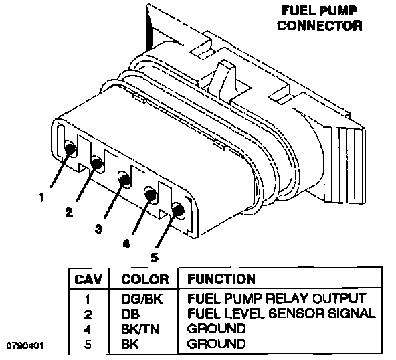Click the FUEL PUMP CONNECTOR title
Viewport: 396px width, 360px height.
pos(320,18)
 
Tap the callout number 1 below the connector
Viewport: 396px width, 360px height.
pos(41,197)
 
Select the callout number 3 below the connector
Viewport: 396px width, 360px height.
pos(98,229)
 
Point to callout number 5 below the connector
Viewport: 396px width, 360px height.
pos(155,258)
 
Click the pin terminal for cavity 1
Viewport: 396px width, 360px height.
pos(70,149)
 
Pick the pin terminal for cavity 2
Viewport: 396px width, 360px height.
pos(97,163)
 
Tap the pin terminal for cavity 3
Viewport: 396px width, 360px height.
pos(124,179)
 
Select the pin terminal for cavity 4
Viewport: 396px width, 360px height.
pos(151,195)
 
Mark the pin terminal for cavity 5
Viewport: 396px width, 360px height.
pos(178,210)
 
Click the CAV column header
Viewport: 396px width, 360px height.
pos(88,280)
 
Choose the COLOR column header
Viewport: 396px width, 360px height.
pos(144,280)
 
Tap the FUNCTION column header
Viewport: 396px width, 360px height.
pos(221,279)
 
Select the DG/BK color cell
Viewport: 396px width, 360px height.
pos(142,299)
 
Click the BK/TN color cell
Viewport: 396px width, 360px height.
pos(140,329)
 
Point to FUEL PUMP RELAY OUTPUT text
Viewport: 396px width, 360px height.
pos(276,298)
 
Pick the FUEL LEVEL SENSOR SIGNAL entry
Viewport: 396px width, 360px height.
pos(282,314)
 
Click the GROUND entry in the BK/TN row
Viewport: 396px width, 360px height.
pos(216,329)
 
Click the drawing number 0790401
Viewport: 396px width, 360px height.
pos(25,345)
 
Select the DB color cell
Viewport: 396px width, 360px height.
pos(130,314)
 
